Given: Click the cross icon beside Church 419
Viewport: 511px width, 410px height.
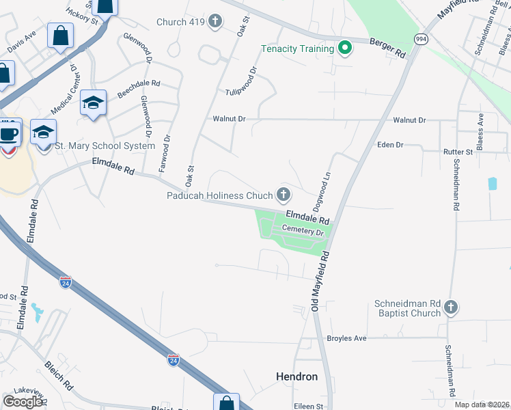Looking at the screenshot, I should click(x=215, y=22).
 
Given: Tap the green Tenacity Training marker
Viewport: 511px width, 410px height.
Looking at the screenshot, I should click(x=345, y=49).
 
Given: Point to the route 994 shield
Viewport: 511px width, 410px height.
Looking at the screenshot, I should click(x=421, y=40).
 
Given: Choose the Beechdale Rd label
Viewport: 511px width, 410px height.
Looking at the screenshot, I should click(x=139, y=89).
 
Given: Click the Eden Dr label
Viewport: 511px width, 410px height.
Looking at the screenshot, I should click(x=391, y=145).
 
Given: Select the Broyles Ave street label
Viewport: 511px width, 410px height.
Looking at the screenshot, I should click(x=347, y=338).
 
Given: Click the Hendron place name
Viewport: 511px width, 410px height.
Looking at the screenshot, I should click(x=296, y=377).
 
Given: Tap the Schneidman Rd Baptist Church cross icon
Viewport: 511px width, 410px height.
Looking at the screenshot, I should click(x=450, y=308).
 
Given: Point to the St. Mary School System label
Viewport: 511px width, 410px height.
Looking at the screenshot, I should click(x=105, y=146).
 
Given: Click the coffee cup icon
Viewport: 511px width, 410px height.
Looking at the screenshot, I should click(x=9, y=134).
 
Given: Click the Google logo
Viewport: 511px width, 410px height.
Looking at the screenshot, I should click(x=23, y=401).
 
